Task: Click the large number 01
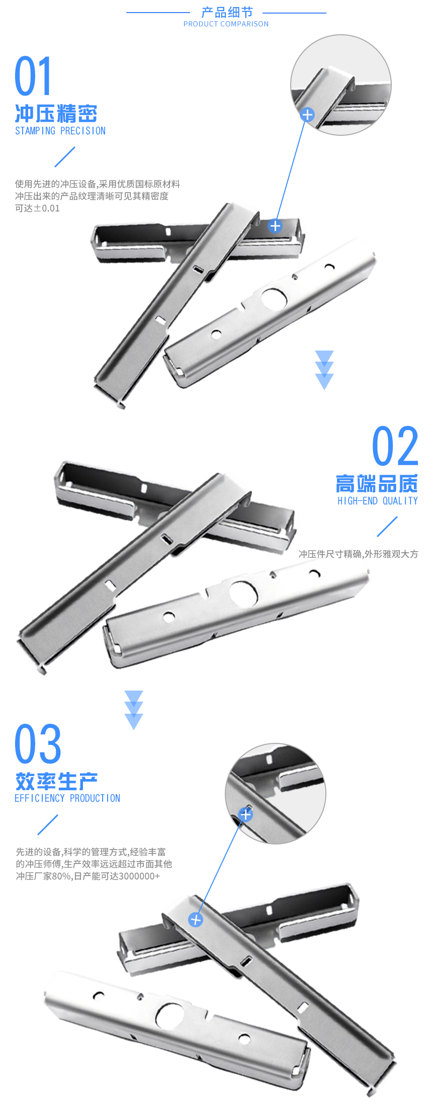pyautogui.click(x=33, y=76)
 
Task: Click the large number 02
pyautogui.click(x=395, y=446)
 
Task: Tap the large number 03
pyautogui.click(x=38, y=744)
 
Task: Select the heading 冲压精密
pyautogui.click(x=56, y=114)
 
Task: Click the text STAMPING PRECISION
pyautogui.click(x=60, y=131)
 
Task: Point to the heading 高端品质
pyautogui.click(x=377, y=484)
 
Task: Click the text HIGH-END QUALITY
pyautogui.click(x=378, y=501)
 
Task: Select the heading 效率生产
pyautogui.click(x=56, y=782)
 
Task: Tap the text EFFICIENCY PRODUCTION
pyautogui.click(x=67, y=798)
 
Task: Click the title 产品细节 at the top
pyautogui.click(x=227, y=12)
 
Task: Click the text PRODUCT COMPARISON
pyautogui.click(x=226, y=24)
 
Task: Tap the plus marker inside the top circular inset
pyautogui.click(x=307, y=115)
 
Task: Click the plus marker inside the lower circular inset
pyautogui.click(x=245, y=814)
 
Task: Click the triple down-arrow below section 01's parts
pyautogui.click(x=324, y=370)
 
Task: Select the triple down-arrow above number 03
pyautogui.click(x=134, y=710)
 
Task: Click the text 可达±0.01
pyautogui.click(x=37, y=208)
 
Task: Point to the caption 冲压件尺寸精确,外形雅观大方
pyautogui.click(x=358, y=554)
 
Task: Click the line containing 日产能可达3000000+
pyautogui.click(x=88, y=876)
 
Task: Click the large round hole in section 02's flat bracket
pyautogui.click(x=244, y=593)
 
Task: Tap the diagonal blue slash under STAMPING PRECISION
pyautogui.click(x=65, y=157)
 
